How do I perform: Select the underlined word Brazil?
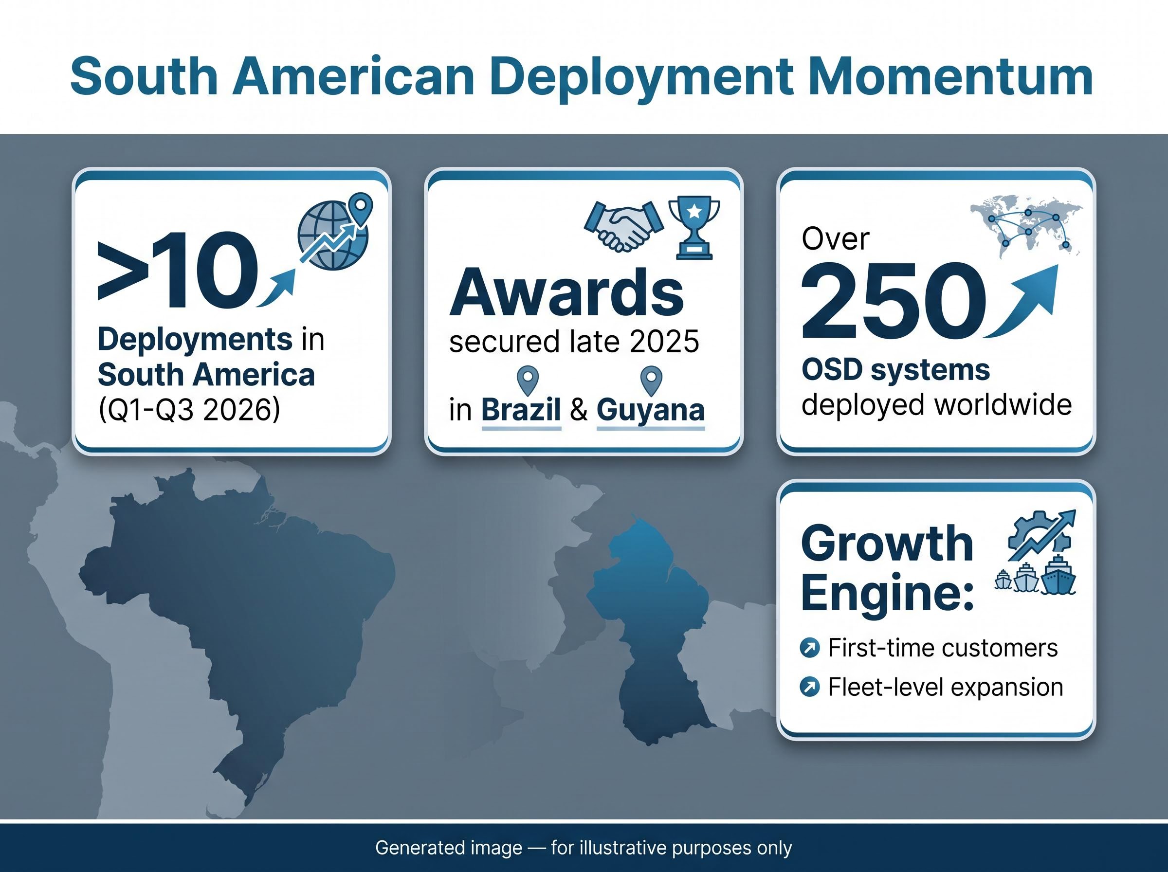[x=521, y=410]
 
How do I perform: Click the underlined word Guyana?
[x=650, y=411]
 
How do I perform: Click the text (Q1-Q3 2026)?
[x=189, y=409]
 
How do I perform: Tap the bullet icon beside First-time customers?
[x=810, y=648]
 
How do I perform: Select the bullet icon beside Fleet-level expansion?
[x=810, y=687]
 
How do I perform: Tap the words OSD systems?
[x=895, y=370]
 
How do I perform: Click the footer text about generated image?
[x=584, y=848]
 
